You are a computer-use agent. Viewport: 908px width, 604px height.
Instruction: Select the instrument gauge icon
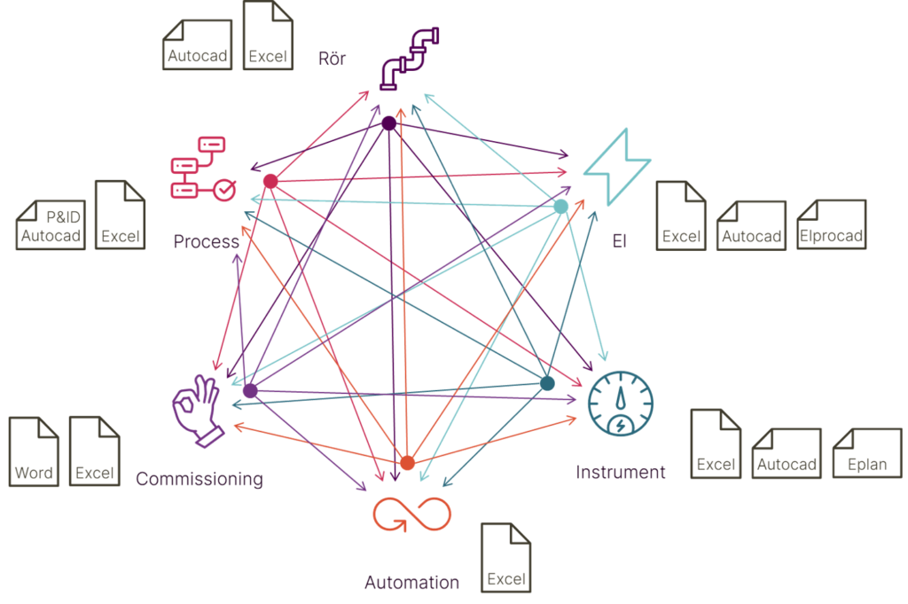620,403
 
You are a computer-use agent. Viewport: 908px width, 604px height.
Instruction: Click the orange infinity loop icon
411,514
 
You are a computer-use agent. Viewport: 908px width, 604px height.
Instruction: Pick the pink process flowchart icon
203,169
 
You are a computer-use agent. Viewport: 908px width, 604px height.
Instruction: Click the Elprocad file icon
832,224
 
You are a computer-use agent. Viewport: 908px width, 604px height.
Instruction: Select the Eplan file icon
867,453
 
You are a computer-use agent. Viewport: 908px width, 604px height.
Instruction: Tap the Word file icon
34,451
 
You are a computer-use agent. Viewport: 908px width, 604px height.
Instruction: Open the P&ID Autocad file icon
51,225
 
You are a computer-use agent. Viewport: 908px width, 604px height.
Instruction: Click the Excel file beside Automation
505,558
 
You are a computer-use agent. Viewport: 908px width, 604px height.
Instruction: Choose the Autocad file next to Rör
198,45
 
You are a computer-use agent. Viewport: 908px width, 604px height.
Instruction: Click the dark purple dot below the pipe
389,123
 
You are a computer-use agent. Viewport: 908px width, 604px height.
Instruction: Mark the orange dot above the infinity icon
408,463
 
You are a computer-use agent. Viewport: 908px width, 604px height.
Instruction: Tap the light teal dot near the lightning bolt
560,206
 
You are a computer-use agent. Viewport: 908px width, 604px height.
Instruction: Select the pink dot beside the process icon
270,181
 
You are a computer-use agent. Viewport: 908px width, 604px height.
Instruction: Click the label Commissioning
200,479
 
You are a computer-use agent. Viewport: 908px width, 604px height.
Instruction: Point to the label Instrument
620,472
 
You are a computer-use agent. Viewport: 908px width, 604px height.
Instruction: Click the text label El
620,241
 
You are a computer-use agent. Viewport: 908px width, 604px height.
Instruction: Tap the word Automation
411,582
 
